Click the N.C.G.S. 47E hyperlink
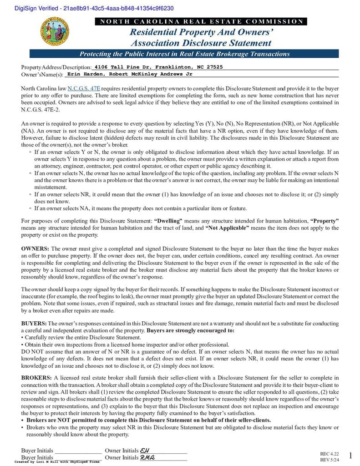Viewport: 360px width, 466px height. click(84, 88)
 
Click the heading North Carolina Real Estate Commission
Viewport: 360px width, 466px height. click(201, 21)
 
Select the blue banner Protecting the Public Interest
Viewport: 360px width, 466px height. click(184, 54)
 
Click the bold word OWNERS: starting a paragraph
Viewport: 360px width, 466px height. click(35, 248)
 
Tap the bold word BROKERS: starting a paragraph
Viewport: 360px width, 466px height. click(36, 378)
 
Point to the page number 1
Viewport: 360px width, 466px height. click(350, 456)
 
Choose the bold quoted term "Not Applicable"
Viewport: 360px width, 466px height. click(227, 228)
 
